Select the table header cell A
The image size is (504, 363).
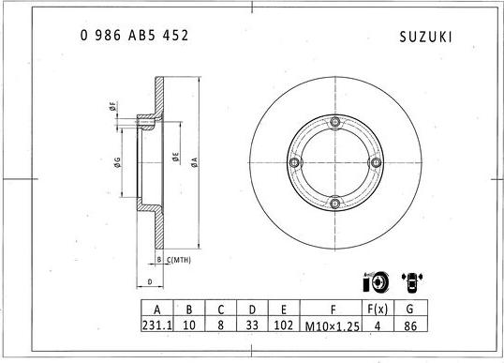156,307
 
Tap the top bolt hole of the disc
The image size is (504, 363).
335,120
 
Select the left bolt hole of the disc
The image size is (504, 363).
294,161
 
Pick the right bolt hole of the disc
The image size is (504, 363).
377,161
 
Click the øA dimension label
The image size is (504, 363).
193,160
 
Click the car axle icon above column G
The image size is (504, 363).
410,280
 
